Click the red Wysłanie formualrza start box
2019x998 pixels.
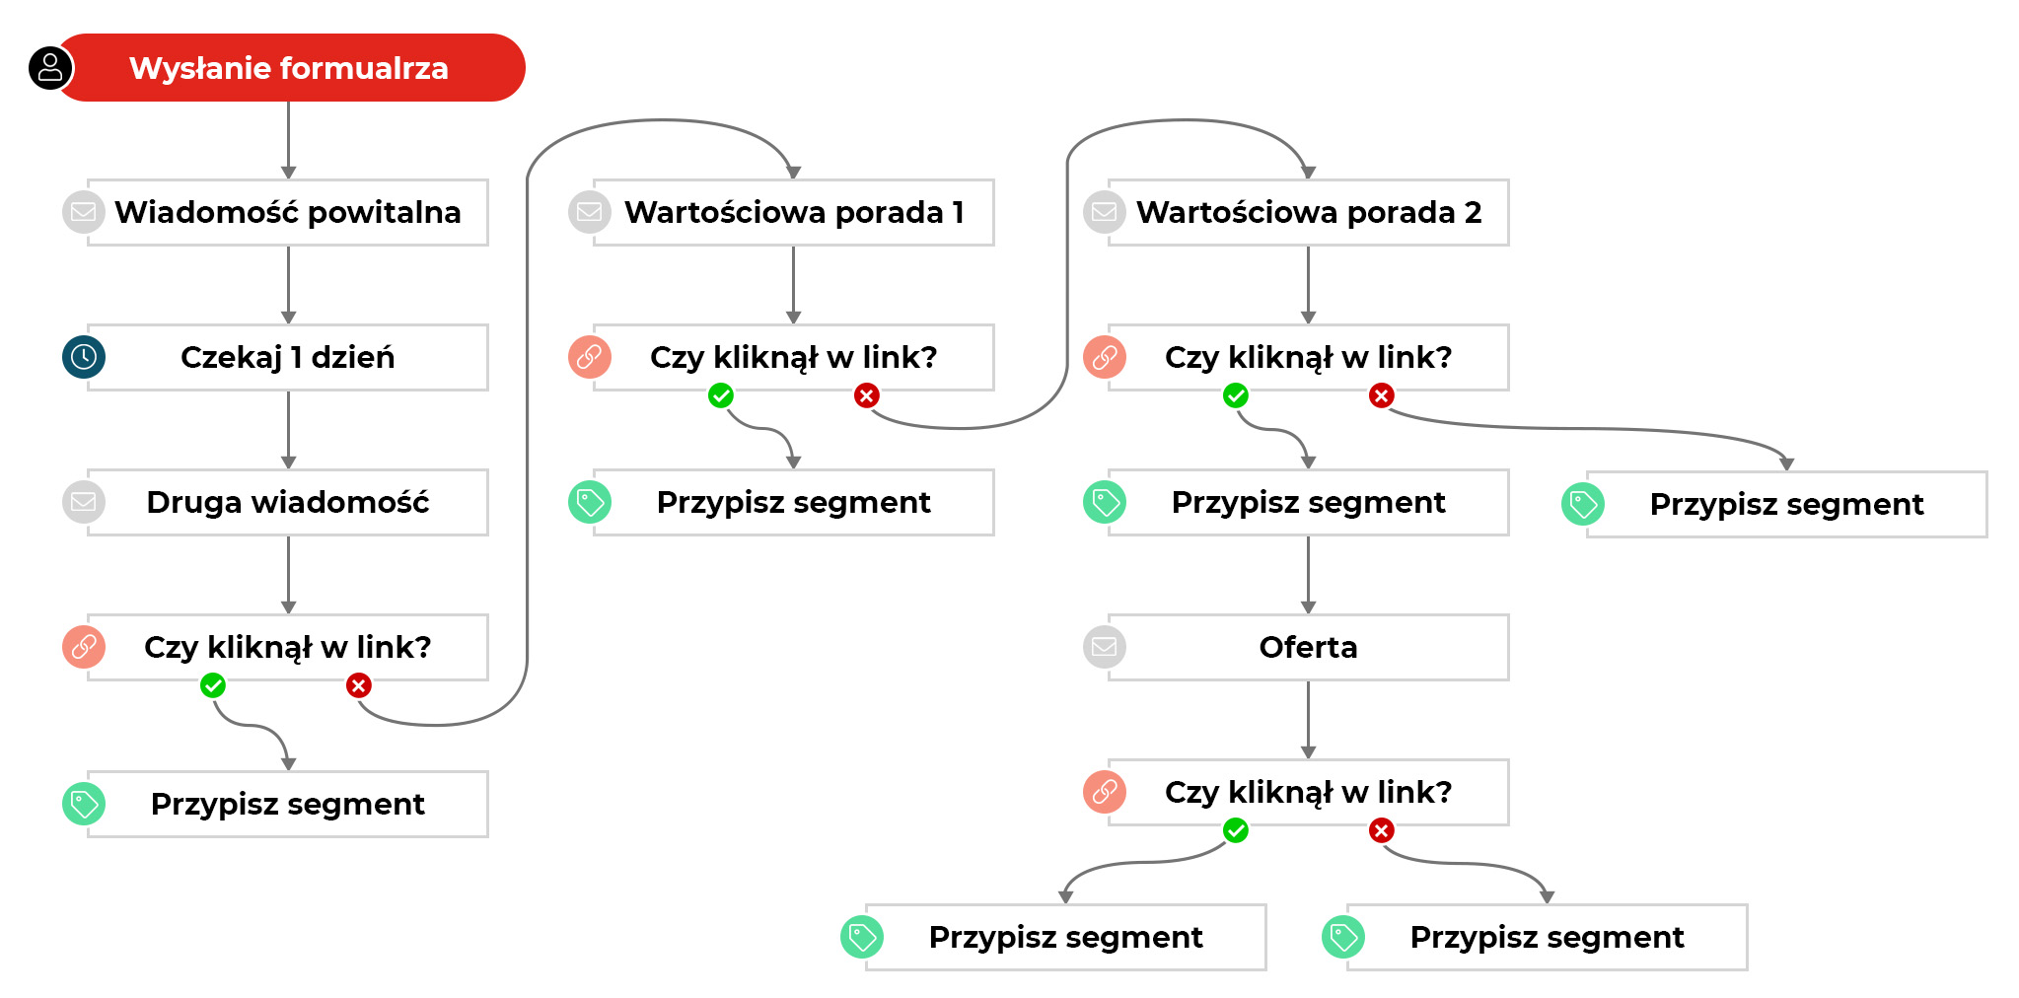pos(289,68)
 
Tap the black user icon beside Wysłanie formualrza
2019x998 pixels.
pos(50,68)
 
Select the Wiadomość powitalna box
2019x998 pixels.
pos(287,212)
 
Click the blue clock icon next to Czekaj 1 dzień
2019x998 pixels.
pos(84,357)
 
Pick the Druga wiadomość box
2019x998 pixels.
pos(287,502)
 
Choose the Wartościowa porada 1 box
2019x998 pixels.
pos(793,212)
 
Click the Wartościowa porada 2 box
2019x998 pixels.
pos(1308,212)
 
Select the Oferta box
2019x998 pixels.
pos(1308,647)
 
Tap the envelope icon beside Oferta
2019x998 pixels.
pos(1105,647)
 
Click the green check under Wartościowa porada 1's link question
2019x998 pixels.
pos(721,396)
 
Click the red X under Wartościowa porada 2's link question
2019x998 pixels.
pos(1381,396)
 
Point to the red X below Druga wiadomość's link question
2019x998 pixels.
pos(359,685)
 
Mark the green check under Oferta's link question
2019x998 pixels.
pos(1236,830)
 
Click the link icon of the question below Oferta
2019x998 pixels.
pos(1105,792)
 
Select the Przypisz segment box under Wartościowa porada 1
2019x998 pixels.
pos(793,502)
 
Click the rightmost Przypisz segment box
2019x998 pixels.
pos(1786,504)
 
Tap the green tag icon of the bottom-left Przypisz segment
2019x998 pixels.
pos(84,804)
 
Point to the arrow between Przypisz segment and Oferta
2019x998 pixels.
pos(1308,575)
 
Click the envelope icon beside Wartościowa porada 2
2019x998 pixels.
pos(1105,212)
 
